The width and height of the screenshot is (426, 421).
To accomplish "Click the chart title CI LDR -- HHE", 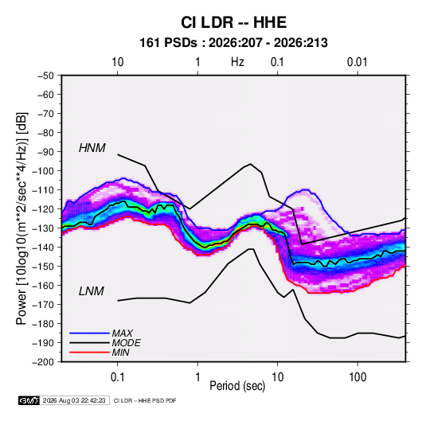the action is (x=233, y=22).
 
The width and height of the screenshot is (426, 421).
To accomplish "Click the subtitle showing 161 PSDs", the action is (x=233, y=43).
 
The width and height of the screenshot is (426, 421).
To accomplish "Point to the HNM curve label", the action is (x=92, y=148).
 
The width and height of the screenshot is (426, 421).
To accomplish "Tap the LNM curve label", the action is (x=92, y=291).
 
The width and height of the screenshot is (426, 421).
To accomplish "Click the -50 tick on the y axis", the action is (x=45, y=76).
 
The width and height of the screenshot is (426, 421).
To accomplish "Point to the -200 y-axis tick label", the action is (x=43, y=362).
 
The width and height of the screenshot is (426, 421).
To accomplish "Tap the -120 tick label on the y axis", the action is (x=43, y=209).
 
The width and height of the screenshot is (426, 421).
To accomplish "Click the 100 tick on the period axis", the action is (x=358, y=377).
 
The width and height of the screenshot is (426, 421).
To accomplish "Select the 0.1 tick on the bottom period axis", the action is (x=117, y=377).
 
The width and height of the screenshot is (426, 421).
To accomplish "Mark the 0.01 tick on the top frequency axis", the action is (x=357, y=62).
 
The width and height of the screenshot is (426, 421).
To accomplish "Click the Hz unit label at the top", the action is (x=237, y=62).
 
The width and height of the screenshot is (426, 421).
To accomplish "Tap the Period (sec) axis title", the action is (x=237, y=386).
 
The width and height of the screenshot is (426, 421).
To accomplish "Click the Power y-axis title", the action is (x=21, y=219).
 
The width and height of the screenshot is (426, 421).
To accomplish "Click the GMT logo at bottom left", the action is (x=29, y=400).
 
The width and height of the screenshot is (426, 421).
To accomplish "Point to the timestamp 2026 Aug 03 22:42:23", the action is (x=74, y=400).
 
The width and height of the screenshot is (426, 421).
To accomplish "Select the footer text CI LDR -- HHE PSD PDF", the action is (x=145, y=400).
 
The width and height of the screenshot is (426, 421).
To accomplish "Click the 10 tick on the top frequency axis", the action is (x=118, y=62).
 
